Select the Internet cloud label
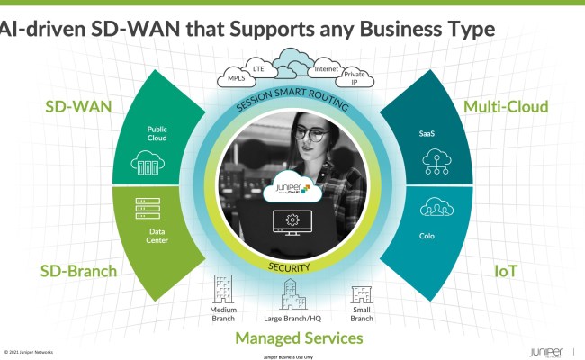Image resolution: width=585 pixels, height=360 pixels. pos(326,68)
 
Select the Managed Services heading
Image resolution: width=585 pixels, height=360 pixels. pos(299,338)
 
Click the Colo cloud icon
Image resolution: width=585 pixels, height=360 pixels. pos(429,209)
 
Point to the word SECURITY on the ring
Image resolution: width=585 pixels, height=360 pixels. pos(289,267)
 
